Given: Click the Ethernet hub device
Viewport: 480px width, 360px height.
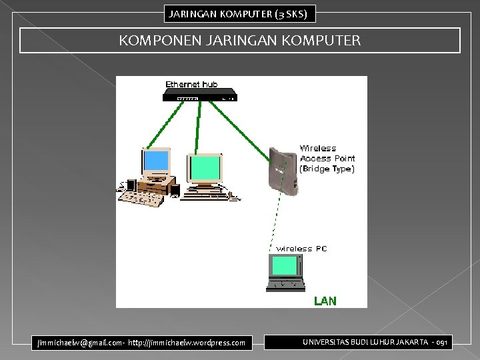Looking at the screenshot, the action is coord(199,95).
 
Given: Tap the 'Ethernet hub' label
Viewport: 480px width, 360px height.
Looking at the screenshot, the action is coord(192,84).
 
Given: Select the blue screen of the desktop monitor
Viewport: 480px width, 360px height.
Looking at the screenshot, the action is coord(156,161).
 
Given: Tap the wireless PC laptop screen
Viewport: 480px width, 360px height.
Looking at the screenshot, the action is coord(284,265).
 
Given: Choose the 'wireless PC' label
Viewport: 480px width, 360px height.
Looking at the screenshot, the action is coord(302,249).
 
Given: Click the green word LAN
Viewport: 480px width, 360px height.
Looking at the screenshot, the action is coord(325,301).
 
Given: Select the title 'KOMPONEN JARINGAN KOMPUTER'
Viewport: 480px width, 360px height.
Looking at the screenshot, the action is coord(240,41).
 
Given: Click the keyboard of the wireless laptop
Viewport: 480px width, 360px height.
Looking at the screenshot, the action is coord(285,284).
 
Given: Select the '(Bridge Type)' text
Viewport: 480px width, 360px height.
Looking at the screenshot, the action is coord(327,169).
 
